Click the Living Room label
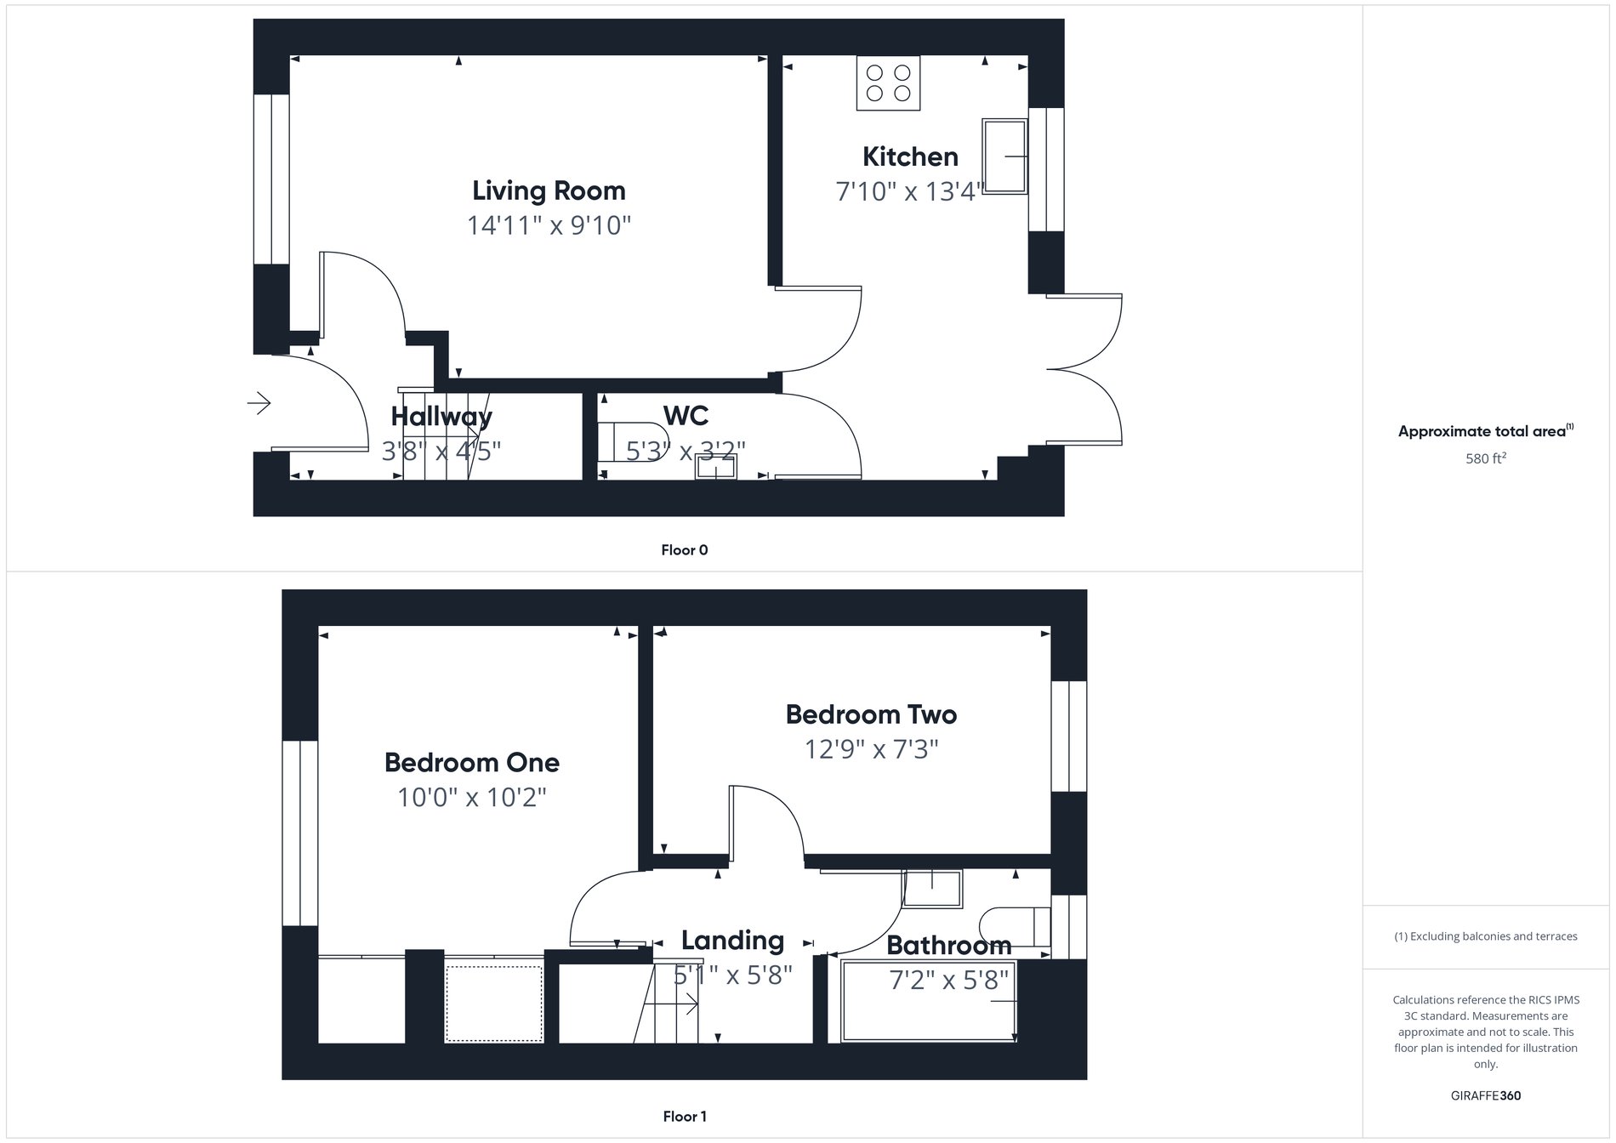point(549,190)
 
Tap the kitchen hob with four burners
point(888,83)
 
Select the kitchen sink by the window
point(1004,156)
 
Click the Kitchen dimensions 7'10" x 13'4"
point(910,192)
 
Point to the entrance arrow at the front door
point(259,402)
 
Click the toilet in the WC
point(614,441)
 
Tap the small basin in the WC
point(716,467)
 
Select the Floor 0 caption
point(684,550)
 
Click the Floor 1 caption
point(684,1117)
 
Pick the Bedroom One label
point(472,763)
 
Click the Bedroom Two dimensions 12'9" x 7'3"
point(871,750)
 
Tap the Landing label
point(732,941)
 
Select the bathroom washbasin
point(932,888)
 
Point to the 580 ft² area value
point(1485,458)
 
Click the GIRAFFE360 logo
point(1485,1095)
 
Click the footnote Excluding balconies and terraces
point(1485,936)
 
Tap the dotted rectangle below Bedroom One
point(494,1004)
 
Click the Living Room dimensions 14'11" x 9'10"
point(549,226)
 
